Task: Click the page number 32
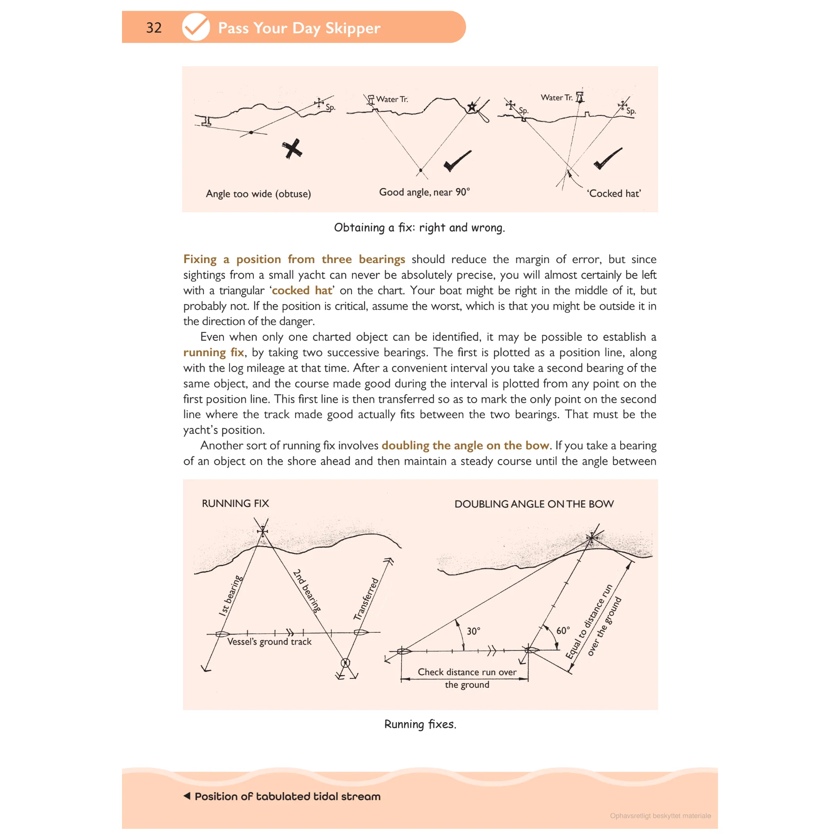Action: point(154,27)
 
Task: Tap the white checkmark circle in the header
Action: point(196,27)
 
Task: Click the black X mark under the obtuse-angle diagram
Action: point(292,149)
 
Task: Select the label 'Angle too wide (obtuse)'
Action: point(258,194)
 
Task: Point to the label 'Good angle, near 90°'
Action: point(424,192)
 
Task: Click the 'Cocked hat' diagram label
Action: point(614,194)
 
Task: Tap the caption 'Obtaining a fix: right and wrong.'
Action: point(419,228)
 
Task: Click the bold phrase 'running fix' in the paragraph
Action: point(214,352)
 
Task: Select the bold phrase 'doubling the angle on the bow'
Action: point(465,446)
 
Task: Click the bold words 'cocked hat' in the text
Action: point(302,291)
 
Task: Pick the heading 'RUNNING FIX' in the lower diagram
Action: point(235,503)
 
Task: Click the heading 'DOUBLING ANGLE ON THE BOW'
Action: point(534,504)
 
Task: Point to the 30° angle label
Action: point(474,631)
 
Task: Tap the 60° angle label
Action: point(563,630)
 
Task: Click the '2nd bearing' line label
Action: point(307,590)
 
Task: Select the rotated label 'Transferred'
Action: point(366,599)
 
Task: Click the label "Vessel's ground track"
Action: point(269,642)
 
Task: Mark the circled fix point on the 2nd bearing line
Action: point(345,663)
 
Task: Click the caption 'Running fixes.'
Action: point(420,724)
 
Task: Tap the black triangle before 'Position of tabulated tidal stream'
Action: point(187,796)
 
